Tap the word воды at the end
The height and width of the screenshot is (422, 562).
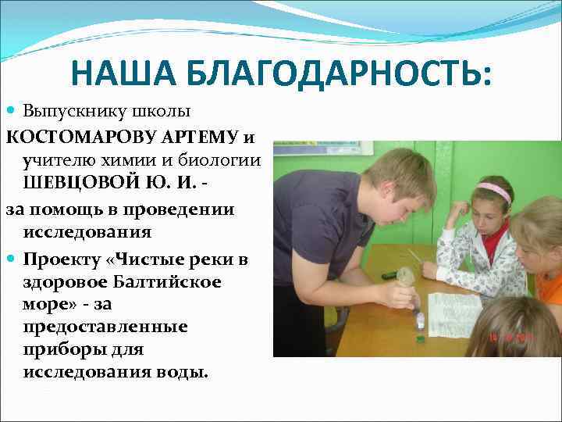[x=187, y=372]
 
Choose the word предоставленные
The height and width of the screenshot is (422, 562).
[x=105, y=326]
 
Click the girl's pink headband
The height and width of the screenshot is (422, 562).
[x=493, y=189]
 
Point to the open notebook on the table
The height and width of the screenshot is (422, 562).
[x=456, y=313]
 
